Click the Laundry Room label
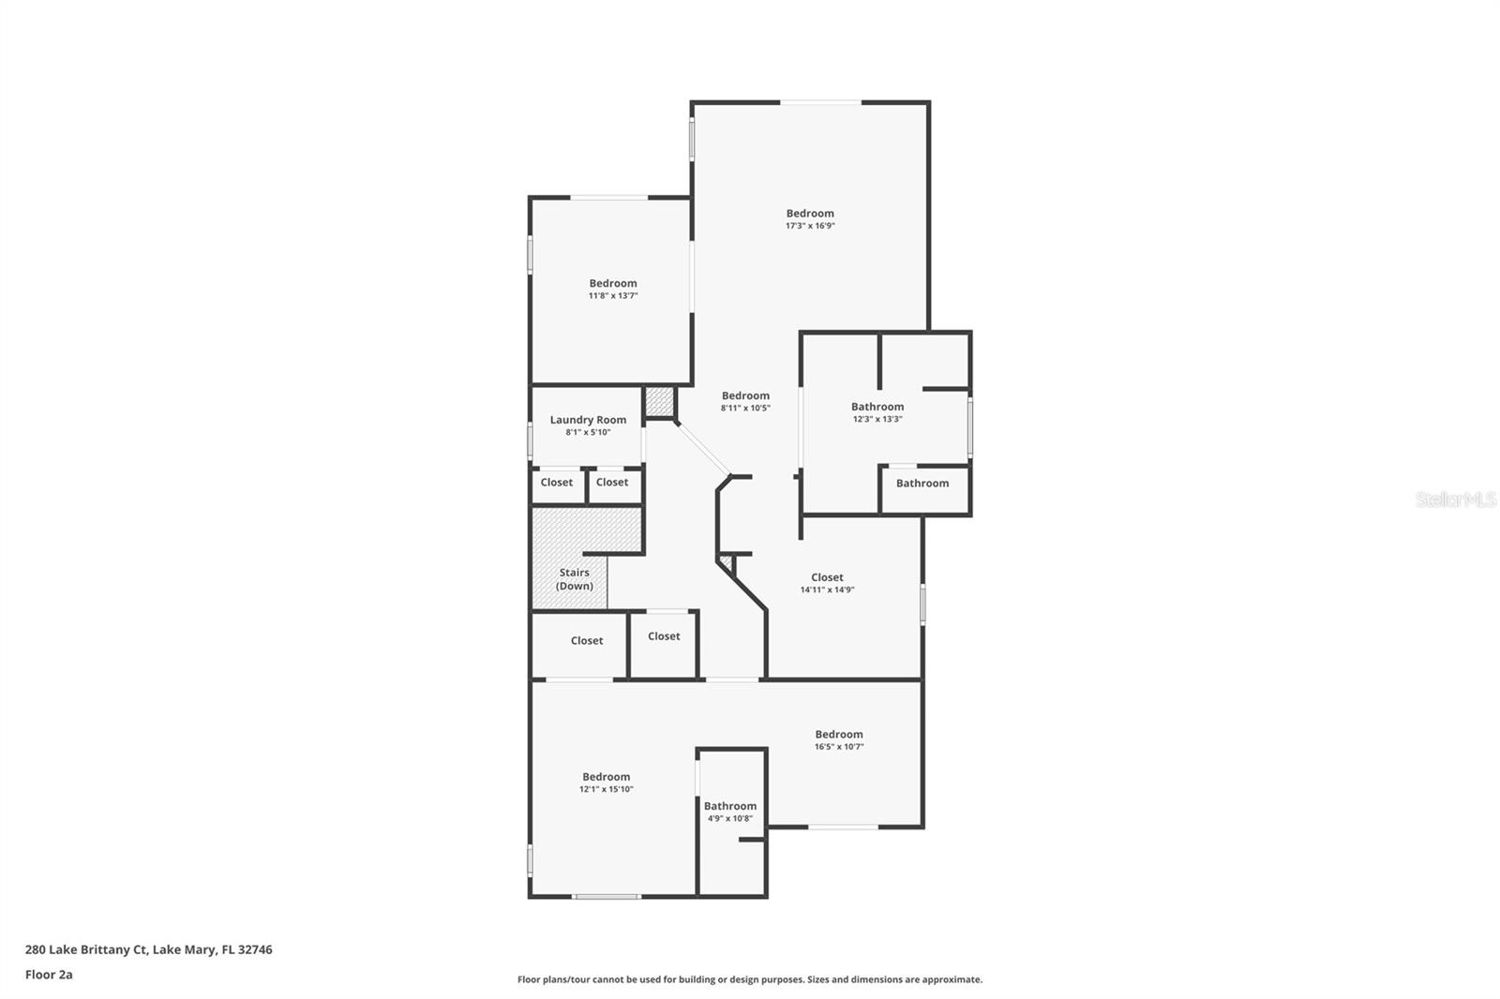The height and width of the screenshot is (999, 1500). point(588,420)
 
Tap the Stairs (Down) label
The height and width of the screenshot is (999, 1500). point(574,579)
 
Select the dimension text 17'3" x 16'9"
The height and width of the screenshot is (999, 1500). point(810,226)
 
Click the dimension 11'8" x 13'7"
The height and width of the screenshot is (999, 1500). point(613,296)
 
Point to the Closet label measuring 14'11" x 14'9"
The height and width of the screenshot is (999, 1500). point(827,577)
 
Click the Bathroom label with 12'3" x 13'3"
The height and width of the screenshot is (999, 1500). point(877,407)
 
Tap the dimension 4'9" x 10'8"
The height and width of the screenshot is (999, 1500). point(729,819)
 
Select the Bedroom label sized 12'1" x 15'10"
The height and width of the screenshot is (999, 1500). point(606,777)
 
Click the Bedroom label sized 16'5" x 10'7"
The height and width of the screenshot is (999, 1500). point(838,735)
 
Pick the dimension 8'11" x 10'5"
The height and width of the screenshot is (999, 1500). point(745,409)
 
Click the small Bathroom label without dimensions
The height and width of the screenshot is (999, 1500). point(922,484)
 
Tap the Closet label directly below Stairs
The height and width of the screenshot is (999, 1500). point(587,641)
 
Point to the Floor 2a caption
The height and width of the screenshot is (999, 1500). point(49,975)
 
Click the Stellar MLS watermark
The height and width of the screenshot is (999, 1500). point(1455,500)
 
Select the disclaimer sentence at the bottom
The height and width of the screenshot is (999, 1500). point(750,979)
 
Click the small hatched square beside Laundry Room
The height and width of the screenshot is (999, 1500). point(659,403)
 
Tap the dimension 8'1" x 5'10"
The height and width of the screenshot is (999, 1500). point(588,433)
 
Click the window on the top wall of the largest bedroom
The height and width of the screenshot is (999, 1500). point(821,102)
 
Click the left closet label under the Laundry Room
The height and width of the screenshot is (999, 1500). point(556,483)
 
